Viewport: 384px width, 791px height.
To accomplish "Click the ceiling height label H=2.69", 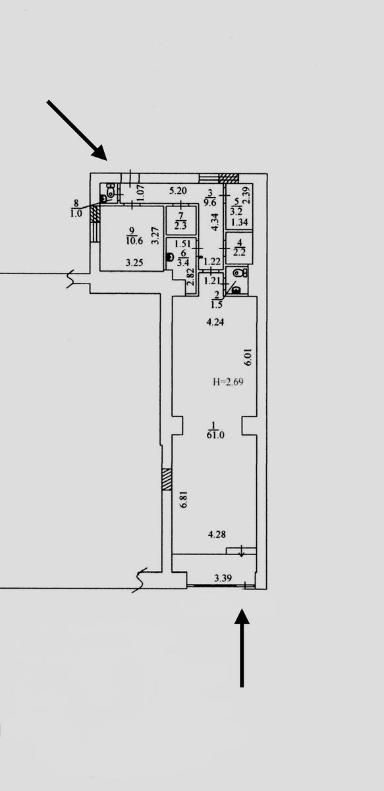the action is (x=229, y=382).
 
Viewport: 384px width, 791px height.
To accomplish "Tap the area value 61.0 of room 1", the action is (x=215, y=435).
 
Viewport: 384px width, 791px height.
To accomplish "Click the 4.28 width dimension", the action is (x=217, y=535).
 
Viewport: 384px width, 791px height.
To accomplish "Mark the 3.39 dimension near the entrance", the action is (x=223, y=578).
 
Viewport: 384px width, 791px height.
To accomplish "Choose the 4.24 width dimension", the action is (x=215, y=322).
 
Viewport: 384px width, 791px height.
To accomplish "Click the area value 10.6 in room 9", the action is (x=133, y=241).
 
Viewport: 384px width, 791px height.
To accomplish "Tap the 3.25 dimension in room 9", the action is (x=135, y=262).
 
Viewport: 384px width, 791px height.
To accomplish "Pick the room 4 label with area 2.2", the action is (x=240, y=248).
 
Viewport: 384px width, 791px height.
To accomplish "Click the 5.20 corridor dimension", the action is (x=178, y=191).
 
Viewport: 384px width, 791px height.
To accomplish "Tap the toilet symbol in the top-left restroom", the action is (x=111, y=190).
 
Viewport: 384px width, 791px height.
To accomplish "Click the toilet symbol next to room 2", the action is (x=240, y=273).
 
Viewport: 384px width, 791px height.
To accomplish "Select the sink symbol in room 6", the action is (x=171, y=256).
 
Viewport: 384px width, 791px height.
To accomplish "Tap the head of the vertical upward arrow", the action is (x=242, y=616).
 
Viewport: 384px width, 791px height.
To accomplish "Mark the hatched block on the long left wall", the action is (x=167, y=479).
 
